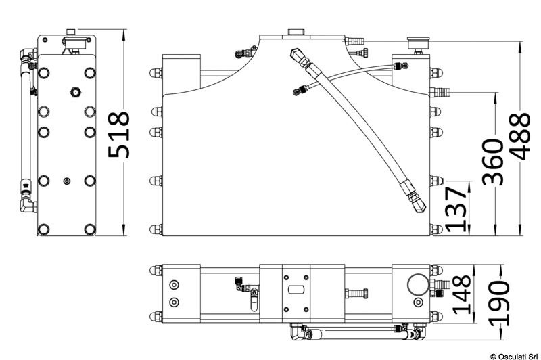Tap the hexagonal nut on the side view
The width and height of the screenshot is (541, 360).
coord(74,91)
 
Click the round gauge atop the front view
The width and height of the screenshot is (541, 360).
coord(416,43)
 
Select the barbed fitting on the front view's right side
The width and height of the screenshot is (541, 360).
coord(440,90)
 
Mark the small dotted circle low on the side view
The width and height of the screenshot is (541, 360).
coord(66,181)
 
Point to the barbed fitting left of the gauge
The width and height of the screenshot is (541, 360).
coord(358,43)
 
